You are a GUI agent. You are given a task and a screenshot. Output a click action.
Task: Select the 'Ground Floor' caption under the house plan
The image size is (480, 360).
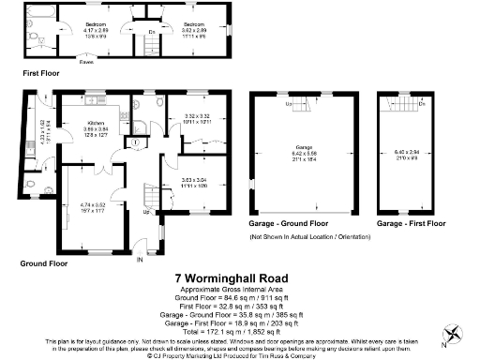pos(45,263)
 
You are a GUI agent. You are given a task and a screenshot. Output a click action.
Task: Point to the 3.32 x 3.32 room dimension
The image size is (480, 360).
pos(184,118)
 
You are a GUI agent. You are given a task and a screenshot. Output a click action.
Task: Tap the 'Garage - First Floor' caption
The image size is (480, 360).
pos(411,225)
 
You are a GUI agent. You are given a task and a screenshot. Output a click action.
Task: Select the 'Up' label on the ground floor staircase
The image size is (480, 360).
pos(144,211)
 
